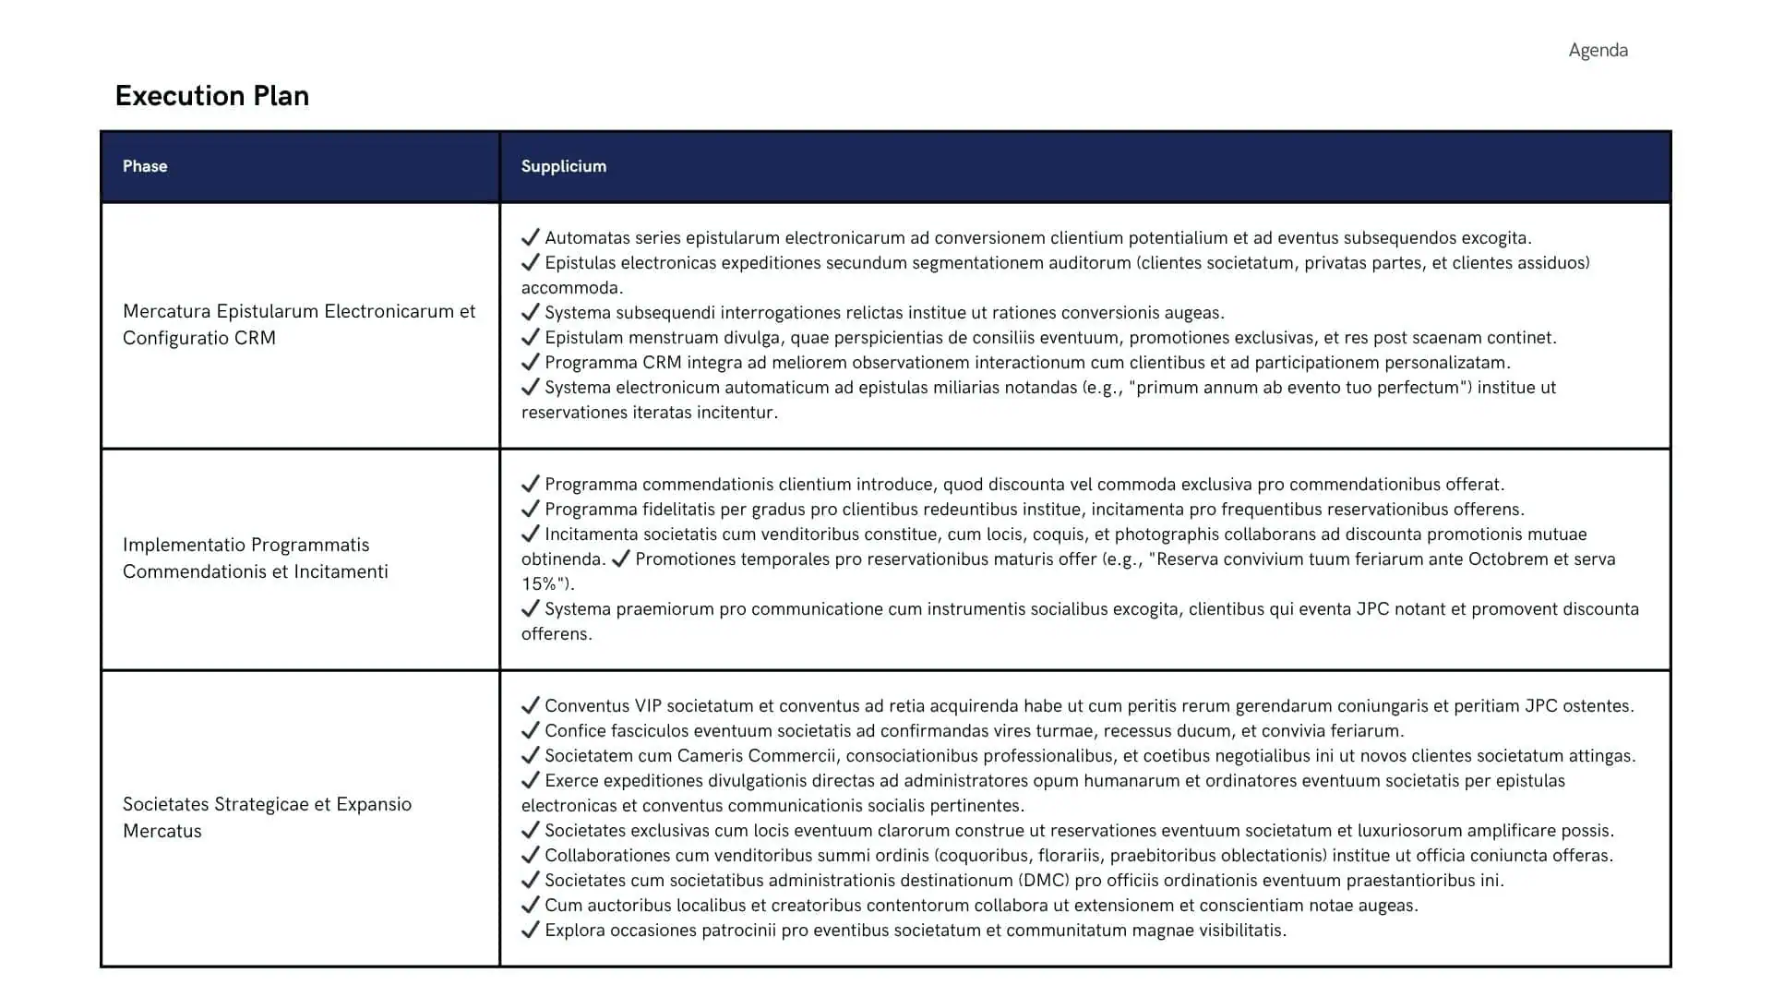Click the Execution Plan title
(211, 96)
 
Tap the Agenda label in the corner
(1598, 51)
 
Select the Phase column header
(145, 166)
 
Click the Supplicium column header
(563, 166)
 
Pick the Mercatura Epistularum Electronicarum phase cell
(299, 324)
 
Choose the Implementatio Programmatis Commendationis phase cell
(256, 558)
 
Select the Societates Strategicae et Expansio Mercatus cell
(267, 817)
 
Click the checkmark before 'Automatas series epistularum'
(530, 237)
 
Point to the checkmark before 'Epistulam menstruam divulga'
(530, 337)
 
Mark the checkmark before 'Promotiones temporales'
(620, 559)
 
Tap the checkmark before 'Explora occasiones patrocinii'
(530, 930)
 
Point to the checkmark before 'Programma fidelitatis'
(530, 509)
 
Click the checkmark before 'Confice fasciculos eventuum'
(530, 730)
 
